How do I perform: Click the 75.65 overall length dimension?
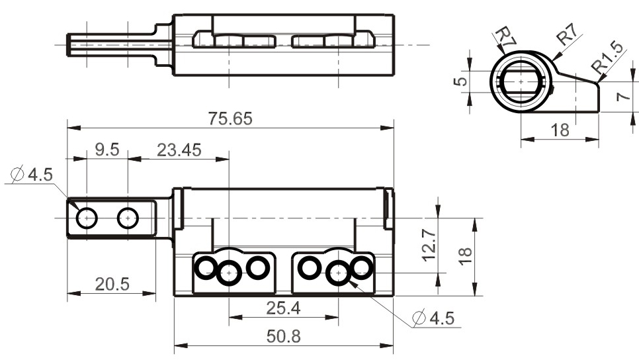click(230, 118)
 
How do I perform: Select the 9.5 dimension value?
click(107, 150)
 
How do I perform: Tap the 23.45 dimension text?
click(179, 150)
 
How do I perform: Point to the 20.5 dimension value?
click(112, 284)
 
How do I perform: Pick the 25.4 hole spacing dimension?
click(284, 308)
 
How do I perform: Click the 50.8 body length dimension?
click(284, 336)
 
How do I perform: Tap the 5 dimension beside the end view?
click(460, 81)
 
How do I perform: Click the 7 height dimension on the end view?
click(623, 97)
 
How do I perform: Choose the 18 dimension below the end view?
click(560, 130)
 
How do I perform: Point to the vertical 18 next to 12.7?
click(465, 257)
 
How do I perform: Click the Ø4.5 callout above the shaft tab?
click(32, 175)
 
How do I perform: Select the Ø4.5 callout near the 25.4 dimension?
click(433, 318)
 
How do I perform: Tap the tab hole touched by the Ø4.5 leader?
click(87, 218)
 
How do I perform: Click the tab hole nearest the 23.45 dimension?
click(128, 218)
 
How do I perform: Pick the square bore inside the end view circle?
click(521, 81)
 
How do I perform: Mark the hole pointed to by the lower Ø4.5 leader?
click(339, 273)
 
